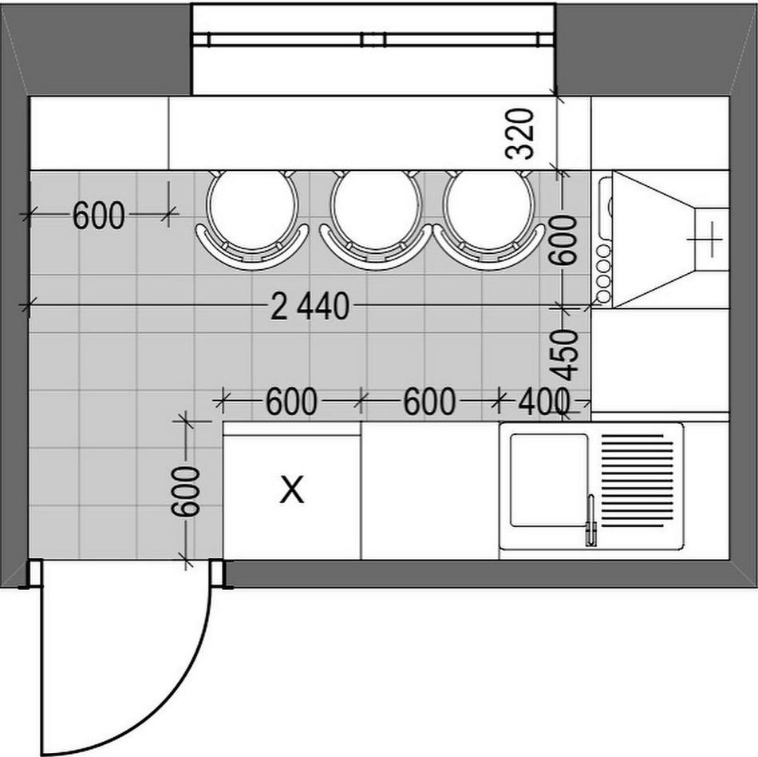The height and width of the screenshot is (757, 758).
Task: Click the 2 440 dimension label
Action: [310, 307]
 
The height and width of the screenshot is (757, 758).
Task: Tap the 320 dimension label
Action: [519, 133]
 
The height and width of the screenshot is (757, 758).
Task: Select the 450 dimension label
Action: [565, 354]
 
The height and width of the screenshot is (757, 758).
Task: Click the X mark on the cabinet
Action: [292, 489]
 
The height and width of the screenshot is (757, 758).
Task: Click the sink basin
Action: [548, 479]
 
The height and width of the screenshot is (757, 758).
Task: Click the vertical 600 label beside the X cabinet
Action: [186, 492]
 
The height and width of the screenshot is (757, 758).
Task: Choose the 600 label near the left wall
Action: [99, 216]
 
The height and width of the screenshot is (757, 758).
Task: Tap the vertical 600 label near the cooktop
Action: [565, 240]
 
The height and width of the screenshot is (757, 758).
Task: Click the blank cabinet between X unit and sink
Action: [429, 490]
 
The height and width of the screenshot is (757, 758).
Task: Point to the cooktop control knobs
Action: [603, 274]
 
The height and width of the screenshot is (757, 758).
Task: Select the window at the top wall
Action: [373, 39]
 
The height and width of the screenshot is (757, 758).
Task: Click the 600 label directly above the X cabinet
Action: [291, 402]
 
